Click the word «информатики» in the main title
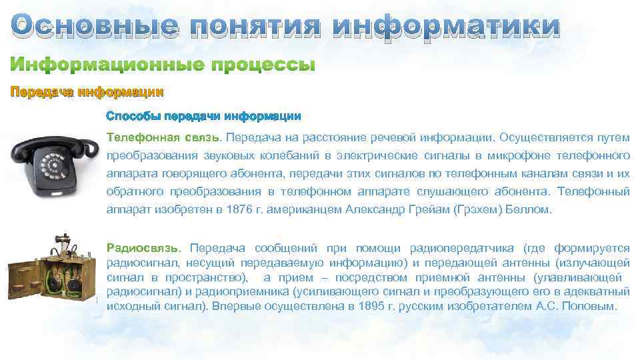click(446, 26)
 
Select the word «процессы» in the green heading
click(263, 66)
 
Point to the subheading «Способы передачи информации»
click(203, 116)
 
